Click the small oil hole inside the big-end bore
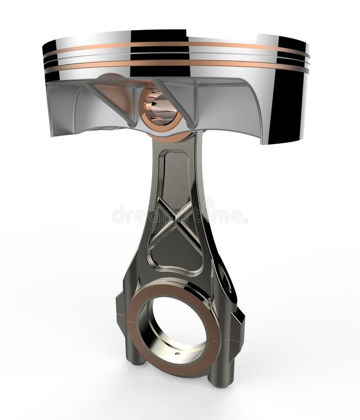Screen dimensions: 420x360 coord(177,353)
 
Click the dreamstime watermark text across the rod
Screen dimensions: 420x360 coord(180,215)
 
